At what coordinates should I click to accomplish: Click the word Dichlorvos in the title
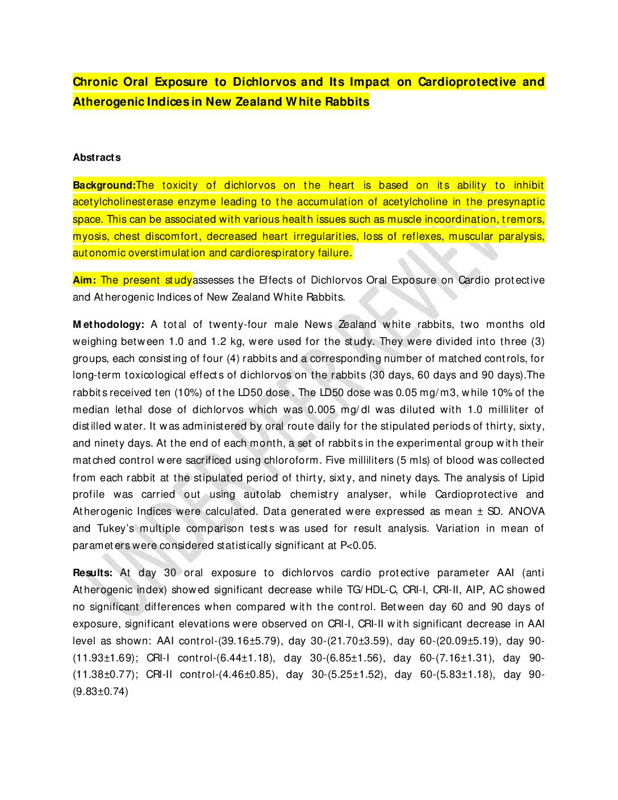(x=264, y=82)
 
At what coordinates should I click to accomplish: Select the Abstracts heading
(x=97, y=157)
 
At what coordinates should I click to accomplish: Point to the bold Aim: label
(x=85, y=280)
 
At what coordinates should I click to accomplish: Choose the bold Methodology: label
(x=108, y=324)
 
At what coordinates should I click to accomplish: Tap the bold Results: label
(x=93, y=573)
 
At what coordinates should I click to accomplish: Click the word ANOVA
(x=527, y=511)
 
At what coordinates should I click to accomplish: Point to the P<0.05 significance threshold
(x=358, y=545)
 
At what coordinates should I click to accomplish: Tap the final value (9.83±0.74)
(x=101, y=691)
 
